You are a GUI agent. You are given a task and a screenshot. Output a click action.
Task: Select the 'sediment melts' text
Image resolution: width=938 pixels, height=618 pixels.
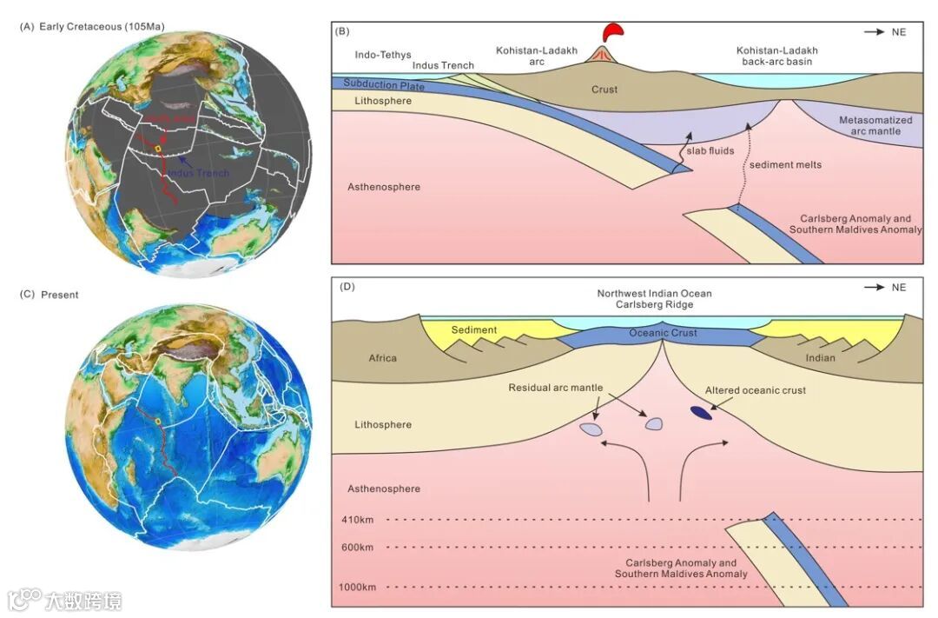coord(784,163)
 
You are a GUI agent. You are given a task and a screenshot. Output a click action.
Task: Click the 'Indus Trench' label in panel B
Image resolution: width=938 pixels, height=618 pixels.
coord(443,65)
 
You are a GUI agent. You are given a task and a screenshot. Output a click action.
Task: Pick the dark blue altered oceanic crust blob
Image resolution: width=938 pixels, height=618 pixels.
coord(700,413)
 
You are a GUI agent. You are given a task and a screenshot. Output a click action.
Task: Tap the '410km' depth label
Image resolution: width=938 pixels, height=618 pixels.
coord(357,521)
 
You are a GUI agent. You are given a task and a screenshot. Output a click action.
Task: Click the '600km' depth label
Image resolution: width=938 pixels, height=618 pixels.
coord(357,548)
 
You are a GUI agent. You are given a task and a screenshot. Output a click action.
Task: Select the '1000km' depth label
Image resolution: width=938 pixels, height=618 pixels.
coord(359,588)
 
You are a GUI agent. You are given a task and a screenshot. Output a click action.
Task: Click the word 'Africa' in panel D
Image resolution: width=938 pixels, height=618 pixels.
coord(382,358)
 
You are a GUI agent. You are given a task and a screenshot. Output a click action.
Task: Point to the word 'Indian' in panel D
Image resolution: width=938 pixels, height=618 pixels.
coord(820,358)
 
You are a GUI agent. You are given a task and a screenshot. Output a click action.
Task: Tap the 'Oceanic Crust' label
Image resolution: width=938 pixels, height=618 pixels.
coord(662,333)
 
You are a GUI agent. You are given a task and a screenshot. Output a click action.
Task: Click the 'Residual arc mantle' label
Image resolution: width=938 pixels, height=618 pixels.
coord(555,388)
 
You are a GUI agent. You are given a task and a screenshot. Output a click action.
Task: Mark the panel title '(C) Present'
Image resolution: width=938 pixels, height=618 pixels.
coord(50,295)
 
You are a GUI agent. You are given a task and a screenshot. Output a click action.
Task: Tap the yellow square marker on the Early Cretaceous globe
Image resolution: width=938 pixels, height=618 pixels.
coord(157,150)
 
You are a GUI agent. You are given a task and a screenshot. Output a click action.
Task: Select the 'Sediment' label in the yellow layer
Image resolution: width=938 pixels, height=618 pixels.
coord(474,330)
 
